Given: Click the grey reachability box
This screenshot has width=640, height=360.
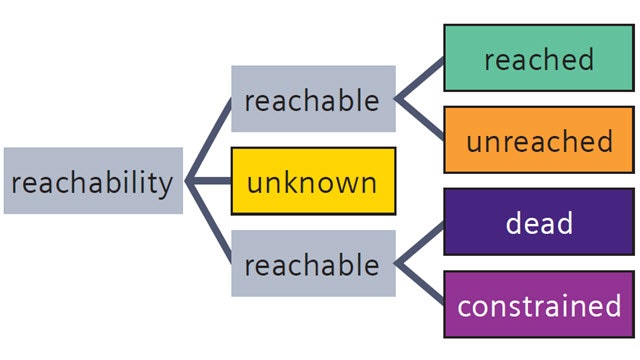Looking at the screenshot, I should (93, 181).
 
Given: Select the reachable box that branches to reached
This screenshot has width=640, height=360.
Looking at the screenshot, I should (311, 100).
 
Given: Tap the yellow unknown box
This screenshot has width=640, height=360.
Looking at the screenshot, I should (313, 181).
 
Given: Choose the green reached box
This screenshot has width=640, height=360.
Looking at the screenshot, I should (538, 59).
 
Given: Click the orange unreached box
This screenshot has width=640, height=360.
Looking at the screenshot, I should (538, 140).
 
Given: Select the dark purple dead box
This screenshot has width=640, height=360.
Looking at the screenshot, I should (538, 222).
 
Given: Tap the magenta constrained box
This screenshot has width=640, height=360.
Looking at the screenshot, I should (538, 304).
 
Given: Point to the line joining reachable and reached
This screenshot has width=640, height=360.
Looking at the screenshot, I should (420, 79).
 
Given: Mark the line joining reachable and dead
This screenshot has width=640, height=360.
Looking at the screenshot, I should (420, 243).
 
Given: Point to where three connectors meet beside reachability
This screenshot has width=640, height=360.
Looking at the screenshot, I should (190, 181).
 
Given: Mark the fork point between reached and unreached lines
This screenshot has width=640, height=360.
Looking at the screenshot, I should (398, 100).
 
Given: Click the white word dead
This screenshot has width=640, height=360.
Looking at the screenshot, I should (538, 222).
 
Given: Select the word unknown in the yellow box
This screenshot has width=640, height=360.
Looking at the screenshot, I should (313, 182).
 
